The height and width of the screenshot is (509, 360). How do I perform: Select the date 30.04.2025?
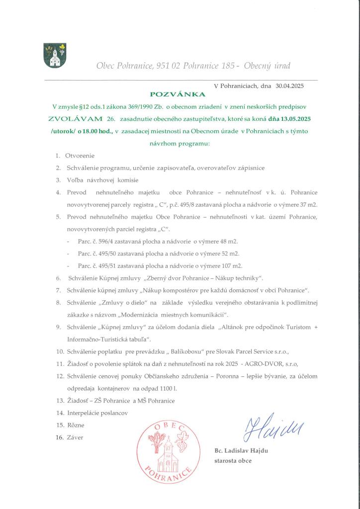pyautogui.click(x=289, y=85)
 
